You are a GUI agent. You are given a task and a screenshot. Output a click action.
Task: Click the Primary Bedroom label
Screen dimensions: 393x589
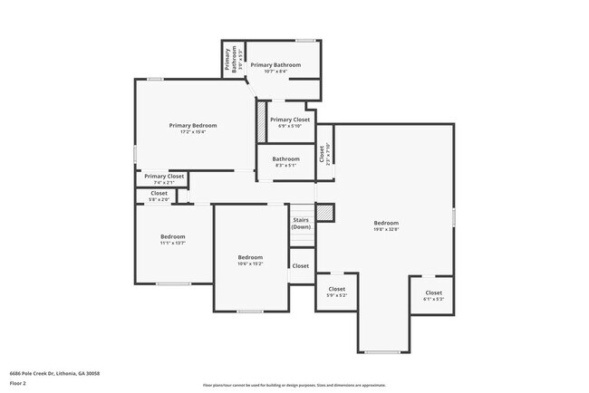(x=193, y=125)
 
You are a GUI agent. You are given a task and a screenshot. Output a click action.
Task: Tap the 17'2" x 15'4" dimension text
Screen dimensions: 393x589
(x=193, y=132)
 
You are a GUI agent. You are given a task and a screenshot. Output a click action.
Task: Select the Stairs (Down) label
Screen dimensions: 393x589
(x=302, y=223)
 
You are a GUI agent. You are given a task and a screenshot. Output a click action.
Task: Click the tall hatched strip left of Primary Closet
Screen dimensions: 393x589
(x=261, y=121)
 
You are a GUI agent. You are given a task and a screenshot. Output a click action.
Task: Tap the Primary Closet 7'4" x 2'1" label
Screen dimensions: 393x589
(x=163, y=178)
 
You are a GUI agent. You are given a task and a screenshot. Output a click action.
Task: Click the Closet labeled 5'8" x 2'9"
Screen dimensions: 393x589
(x=159, y=196)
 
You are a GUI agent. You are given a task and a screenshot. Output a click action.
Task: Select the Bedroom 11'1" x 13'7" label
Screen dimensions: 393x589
(x=172, y=239)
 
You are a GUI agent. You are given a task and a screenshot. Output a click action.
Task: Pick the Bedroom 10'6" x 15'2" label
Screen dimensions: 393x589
(x=250, y=260)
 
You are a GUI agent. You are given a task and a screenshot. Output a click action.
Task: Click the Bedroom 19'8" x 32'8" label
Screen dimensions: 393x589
(x=385, y=225)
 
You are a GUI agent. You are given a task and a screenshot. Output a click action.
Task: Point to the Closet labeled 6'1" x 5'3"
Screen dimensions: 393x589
(x=433, y=295)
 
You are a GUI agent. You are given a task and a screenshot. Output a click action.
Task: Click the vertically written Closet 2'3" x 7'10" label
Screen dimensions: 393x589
(x=324, y=154)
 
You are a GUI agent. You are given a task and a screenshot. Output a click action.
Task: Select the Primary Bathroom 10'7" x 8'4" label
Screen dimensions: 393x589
(x=275, y=68)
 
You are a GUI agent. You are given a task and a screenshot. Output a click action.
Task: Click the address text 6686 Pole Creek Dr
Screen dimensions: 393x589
(x=54, y=373)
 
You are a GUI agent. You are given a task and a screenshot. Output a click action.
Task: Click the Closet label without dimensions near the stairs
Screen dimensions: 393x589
(x=301, y=266)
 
